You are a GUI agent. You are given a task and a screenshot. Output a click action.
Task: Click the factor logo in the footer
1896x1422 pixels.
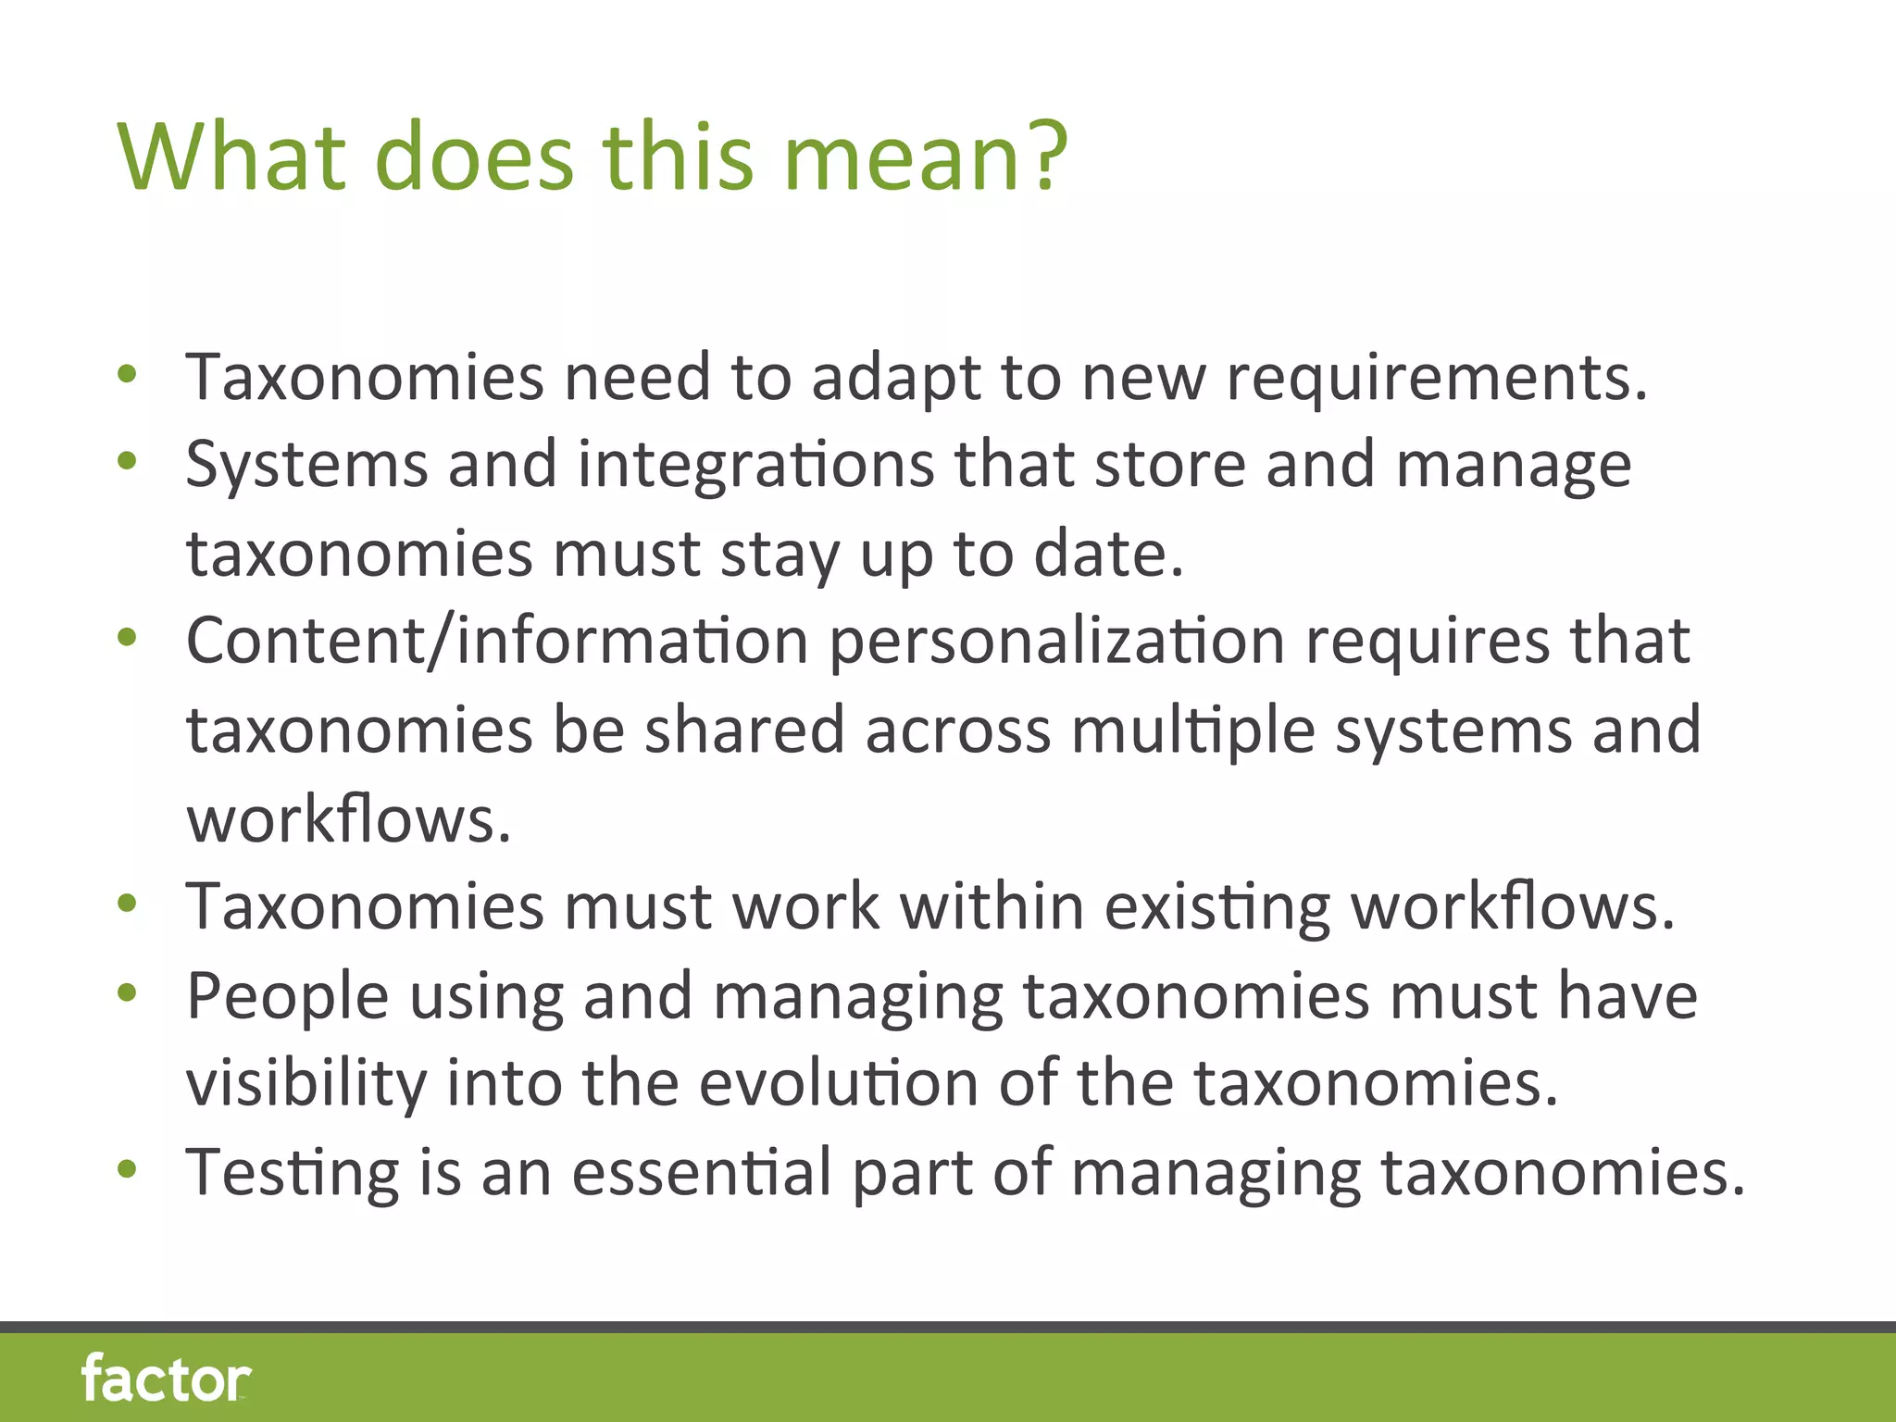pyautogui.click(x=166, y=1378)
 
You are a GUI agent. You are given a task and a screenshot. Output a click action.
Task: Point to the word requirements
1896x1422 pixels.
pyautogui.click(x=1436, y=379)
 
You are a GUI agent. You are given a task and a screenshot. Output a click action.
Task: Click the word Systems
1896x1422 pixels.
pyautogui.click(x=306, y=466)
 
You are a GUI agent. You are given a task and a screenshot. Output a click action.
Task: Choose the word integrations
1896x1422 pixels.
pyautogui.click(x=755, y=464)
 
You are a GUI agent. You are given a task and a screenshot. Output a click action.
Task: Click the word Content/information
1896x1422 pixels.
pyautogui.click(x=497, y=641)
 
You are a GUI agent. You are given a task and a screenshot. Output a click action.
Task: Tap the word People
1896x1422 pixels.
pyautogui.click(x=287, y=997)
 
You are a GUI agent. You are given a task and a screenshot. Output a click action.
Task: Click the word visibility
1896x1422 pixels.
pyautogui.click(x=306, y=1084)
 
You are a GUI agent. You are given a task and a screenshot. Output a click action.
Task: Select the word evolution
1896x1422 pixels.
pyautogui.click(x=838, y=1082)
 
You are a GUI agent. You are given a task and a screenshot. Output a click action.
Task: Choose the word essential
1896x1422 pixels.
pyautogui.click(x=702, y=1172)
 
